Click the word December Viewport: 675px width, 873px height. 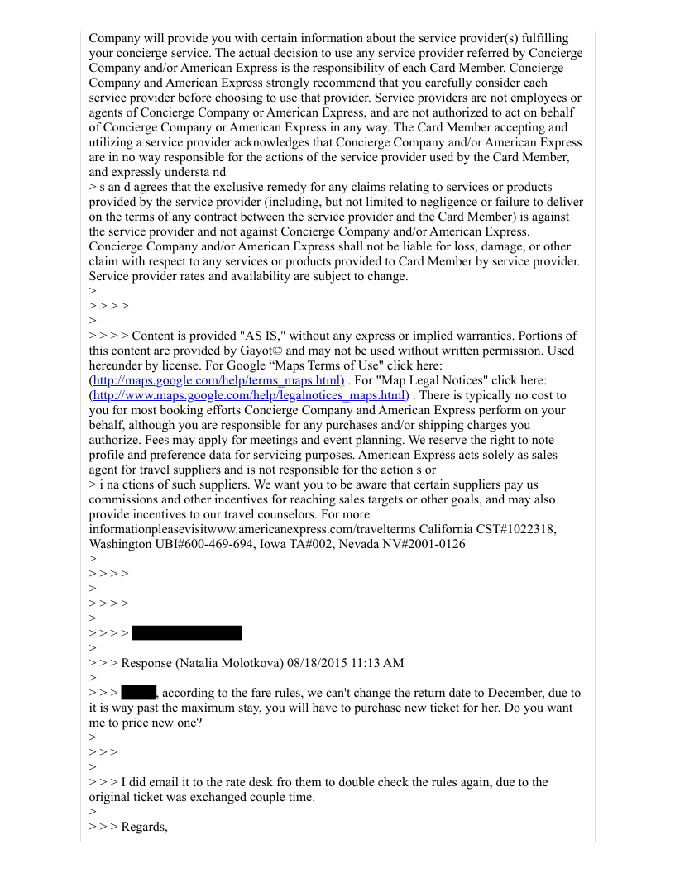click(521, 693)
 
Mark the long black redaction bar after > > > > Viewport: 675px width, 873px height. click(187, 633)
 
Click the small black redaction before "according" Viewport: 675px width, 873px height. click(139, 693)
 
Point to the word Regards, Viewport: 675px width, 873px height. click(145, 827)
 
